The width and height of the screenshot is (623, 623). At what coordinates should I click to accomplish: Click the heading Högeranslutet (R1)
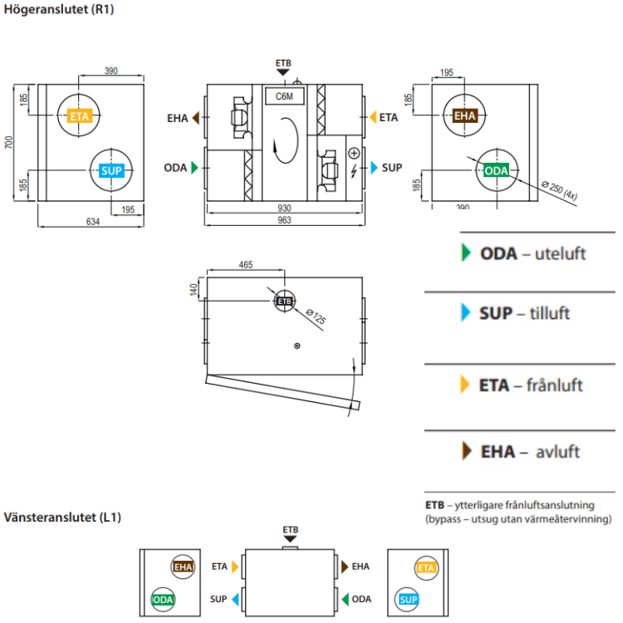click(x=59, y=11)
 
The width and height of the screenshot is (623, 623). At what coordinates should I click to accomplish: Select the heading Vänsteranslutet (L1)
click(x=62, y=517)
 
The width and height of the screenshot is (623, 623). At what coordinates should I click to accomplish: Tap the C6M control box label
click(x=284, y=96)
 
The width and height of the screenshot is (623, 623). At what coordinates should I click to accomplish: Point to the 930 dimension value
click(x=284, y=207)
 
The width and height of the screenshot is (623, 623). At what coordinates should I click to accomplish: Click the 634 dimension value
click(x=92, y=221)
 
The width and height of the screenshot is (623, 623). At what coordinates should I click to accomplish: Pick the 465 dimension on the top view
click(x=245, y=264)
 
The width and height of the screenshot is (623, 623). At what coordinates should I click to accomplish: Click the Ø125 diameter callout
click(x=315, y=316)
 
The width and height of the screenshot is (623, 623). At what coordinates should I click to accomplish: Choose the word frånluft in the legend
click(x=555, y=385)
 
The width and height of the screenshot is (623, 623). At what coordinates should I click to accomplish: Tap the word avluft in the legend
click(x=557, y=453)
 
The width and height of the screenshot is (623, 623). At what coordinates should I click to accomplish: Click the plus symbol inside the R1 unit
click(x=354, y=153)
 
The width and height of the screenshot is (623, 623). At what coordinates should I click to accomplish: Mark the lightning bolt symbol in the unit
click(x=355, y=171)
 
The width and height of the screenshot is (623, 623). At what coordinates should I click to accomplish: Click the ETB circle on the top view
click(x=285, y=301)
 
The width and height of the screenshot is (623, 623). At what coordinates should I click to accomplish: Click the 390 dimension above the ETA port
click(x=111, y=71)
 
